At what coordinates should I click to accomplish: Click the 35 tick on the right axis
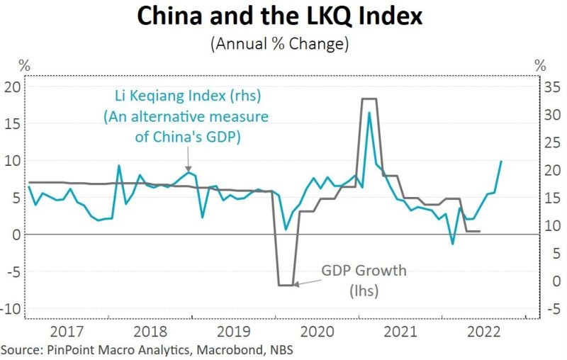[552, 87]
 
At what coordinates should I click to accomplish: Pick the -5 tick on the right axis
[552, 309]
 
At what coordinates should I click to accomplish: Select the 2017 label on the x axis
[69, 331]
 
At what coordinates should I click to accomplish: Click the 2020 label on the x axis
[317, 331]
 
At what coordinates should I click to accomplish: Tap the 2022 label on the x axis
[483, 331]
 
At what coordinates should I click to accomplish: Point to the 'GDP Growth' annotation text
[364, 271]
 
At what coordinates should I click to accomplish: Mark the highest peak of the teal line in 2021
[369, 112]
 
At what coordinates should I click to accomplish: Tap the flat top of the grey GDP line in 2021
[369, 99]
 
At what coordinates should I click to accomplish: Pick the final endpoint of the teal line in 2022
[501, 161]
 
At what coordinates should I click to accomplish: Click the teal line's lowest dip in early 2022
[452, 244]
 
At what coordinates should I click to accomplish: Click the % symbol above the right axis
[540, 64]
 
